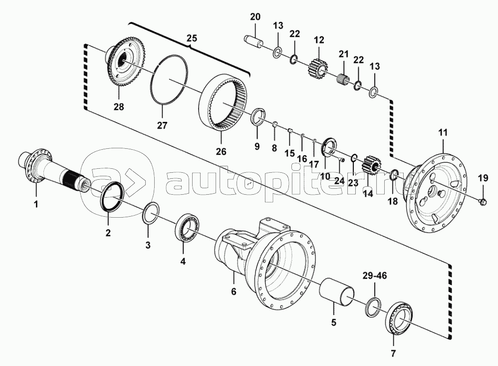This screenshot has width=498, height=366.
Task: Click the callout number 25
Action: click(x=192, y=37)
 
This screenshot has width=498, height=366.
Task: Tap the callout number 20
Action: click(x=255, y=17)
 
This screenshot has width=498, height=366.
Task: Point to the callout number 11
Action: click(x=443, y=132)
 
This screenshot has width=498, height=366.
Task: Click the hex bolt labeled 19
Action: click(x=482, y=201)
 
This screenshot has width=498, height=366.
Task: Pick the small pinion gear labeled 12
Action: click(x=317, y=67)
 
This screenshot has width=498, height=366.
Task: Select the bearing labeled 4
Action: click(x=189, y=227)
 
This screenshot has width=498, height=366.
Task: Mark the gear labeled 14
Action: click(x=370, y=165)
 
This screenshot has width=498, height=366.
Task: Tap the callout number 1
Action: click(x=35, y=204)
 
